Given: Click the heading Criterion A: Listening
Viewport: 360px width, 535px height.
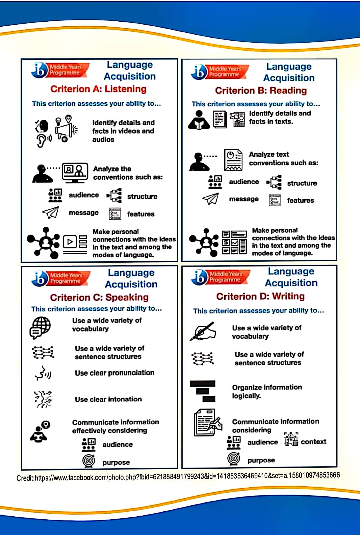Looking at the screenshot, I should tap(98, 89).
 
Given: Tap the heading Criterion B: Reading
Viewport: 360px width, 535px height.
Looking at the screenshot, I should tap(261, 90).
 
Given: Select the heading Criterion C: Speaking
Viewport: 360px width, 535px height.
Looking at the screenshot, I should tap(99, 297).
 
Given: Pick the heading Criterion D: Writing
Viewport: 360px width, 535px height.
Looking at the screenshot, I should tap(260, 296).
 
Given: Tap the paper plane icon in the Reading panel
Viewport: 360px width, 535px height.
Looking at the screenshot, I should tap(211, 199).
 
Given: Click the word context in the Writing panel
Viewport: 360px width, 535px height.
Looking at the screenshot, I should tap(313, 442).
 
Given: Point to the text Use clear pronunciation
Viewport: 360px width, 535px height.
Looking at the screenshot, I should tap(114, 373).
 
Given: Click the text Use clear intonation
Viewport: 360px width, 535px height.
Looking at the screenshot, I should tap(108, 399).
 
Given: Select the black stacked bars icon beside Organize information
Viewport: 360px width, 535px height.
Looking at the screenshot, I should tap(203, 391).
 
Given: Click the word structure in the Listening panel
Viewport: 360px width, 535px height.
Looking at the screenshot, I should tap(142, 196).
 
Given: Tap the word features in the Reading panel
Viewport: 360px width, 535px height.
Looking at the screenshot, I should tap(300, 200).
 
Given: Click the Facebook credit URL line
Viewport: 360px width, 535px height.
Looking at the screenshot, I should tap(178, 476).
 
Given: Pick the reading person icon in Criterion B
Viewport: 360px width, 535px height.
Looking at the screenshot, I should tap(199, 120).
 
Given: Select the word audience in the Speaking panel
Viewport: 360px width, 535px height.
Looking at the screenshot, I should tap(117, 444).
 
